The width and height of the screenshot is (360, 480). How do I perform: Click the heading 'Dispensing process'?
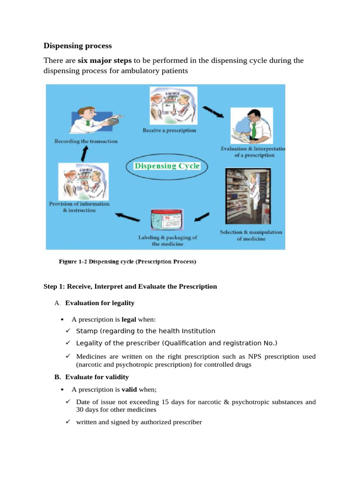[x=77, y=46]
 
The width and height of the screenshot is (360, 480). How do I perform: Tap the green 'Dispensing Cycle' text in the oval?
[x=167, y=166]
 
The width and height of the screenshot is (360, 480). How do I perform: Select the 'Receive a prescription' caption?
[x=169, y=130]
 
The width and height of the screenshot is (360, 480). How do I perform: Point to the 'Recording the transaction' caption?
[x=86, y=141]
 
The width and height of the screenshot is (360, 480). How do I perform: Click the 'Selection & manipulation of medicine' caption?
[x=251, y=235]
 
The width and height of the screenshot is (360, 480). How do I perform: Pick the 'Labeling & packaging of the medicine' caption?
[x=167, y=240]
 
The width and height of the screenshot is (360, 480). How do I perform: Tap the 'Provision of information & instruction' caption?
[x=79, y=207]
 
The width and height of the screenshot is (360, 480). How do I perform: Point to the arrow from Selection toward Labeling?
[x=202, y=217]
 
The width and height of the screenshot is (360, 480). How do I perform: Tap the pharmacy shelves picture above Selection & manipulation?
[x=247, y=196]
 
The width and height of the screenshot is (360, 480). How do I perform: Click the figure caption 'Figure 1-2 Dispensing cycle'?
[x=127, y=262]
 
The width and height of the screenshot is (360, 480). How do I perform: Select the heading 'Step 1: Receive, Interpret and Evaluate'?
[x=130, y=286]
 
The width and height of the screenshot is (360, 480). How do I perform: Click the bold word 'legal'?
[x=129, y=320]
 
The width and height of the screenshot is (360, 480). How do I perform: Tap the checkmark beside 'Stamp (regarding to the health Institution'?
[x=67, y=331]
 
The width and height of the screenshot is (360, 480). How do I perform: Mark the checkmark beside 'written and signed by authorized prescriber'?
[x=67, y=422]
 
